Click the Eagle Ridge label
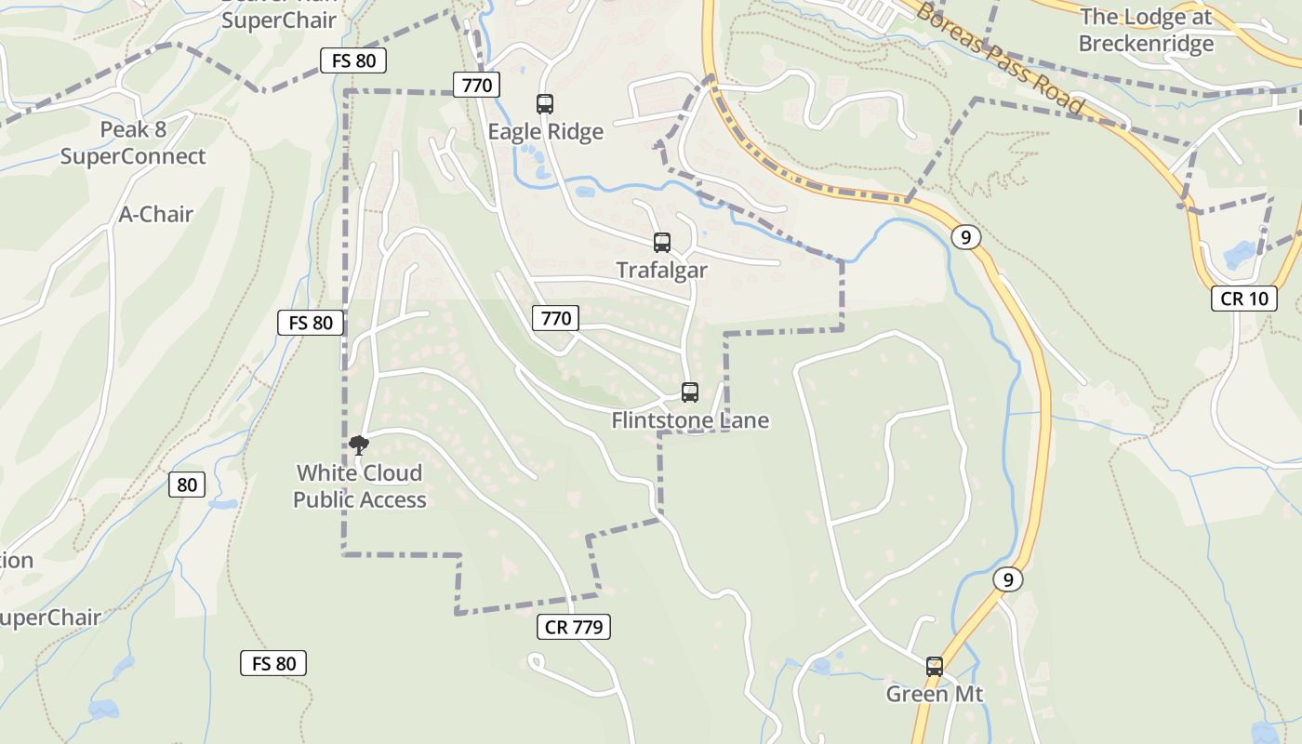[546, 132]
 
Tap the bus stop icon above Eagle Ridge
[545, 104]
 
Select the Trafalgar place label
[661, 271]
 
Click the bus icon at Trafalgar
[662, 243]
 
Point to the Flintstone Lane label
[690, 420]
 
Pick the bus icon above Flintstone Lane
[689, 392]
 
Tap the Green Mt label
[934, 695]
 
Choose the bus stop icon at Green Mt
[935, 667]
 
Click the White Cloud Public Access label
[360, 486]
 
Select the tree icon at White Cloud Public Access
[359, 445]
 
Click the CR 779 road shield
[574, 627]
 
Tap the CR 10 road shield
[1243, 299]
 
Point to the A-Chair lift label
[156, 215]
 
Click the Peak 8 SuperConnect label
[133, 143]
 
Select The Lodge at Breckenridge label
[1146, 30]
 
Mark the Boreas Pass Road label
[1000, 58]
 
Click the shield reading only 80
[187, 485]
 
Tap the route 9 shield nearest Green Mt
[1007, 580]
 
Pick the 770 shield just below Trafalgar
[555, 318]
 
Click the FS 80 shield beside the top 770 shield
[352, 61]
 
